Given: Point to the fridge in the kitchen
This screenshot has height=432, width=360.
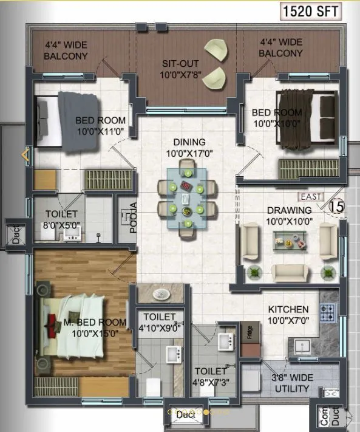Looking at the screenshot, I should point(248,335).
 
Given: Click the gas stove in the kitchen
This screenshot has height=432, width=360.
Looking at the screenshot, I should point(328,312).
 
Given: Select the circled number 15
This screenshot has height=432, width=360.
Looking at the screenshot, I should point(336,206).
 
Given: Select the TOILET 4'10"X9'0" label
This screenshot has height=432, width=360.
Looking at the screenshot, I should point(160,322).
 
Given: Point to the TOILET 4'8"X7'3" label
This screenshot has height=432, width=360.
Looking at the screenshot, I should point(210,375).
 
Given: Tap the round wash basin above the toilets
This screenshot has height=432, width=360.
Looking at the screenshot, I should point(161,295).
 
